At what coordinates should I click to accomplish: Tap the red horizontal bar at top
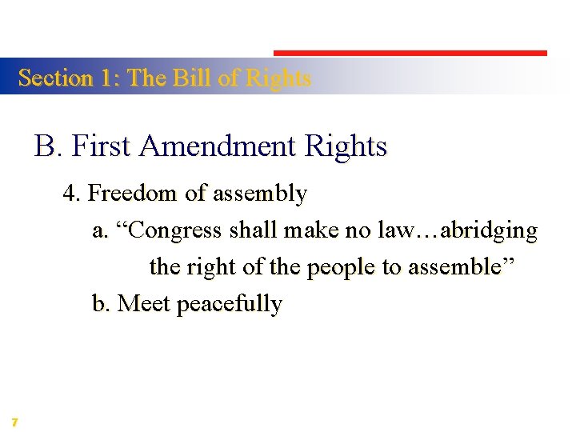410,53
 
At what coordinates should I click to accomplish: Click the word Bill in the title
192,78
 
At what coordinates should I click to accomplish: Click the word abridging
490,230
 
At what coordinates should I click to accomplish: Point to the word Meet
144,304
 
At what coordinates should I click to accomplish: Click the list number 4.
71,194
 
